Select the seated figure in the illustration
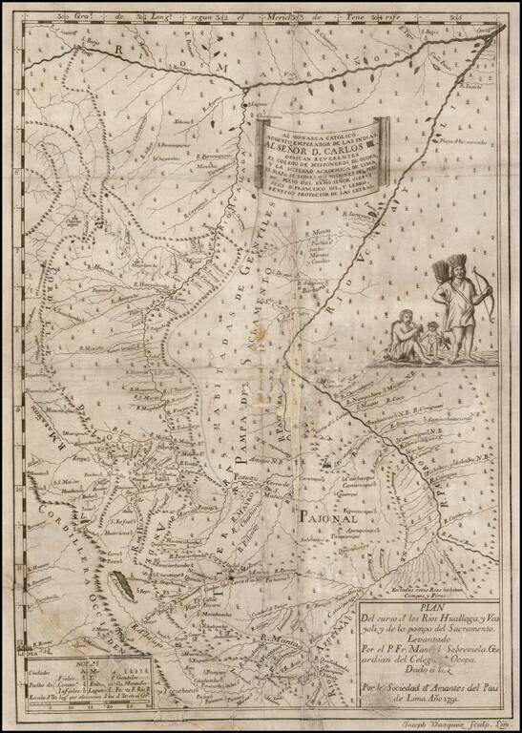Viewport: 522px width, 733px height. pyautogui.click(x=402, y=335)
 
